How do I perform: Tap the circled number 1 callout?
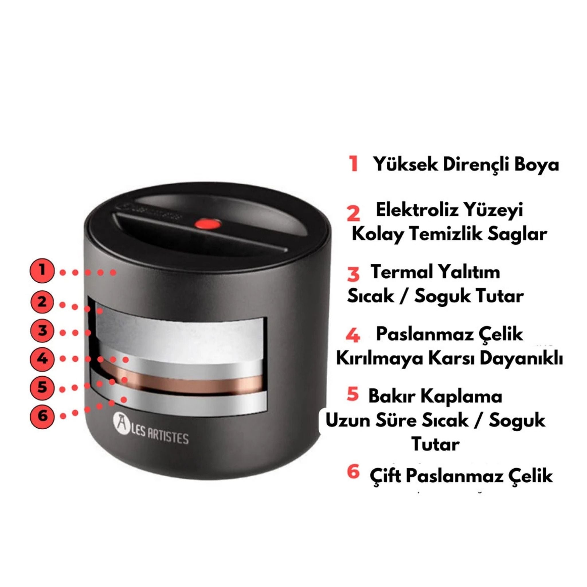[x=42, y=270]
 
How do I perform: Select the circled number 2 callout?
[x=42, y=302]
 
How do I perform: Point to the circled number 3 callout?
[x=42, y=330]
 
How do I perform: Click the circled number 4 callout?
[x=42, y=359]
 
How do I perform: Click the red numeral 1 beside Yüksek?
[x=353, y=164]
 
